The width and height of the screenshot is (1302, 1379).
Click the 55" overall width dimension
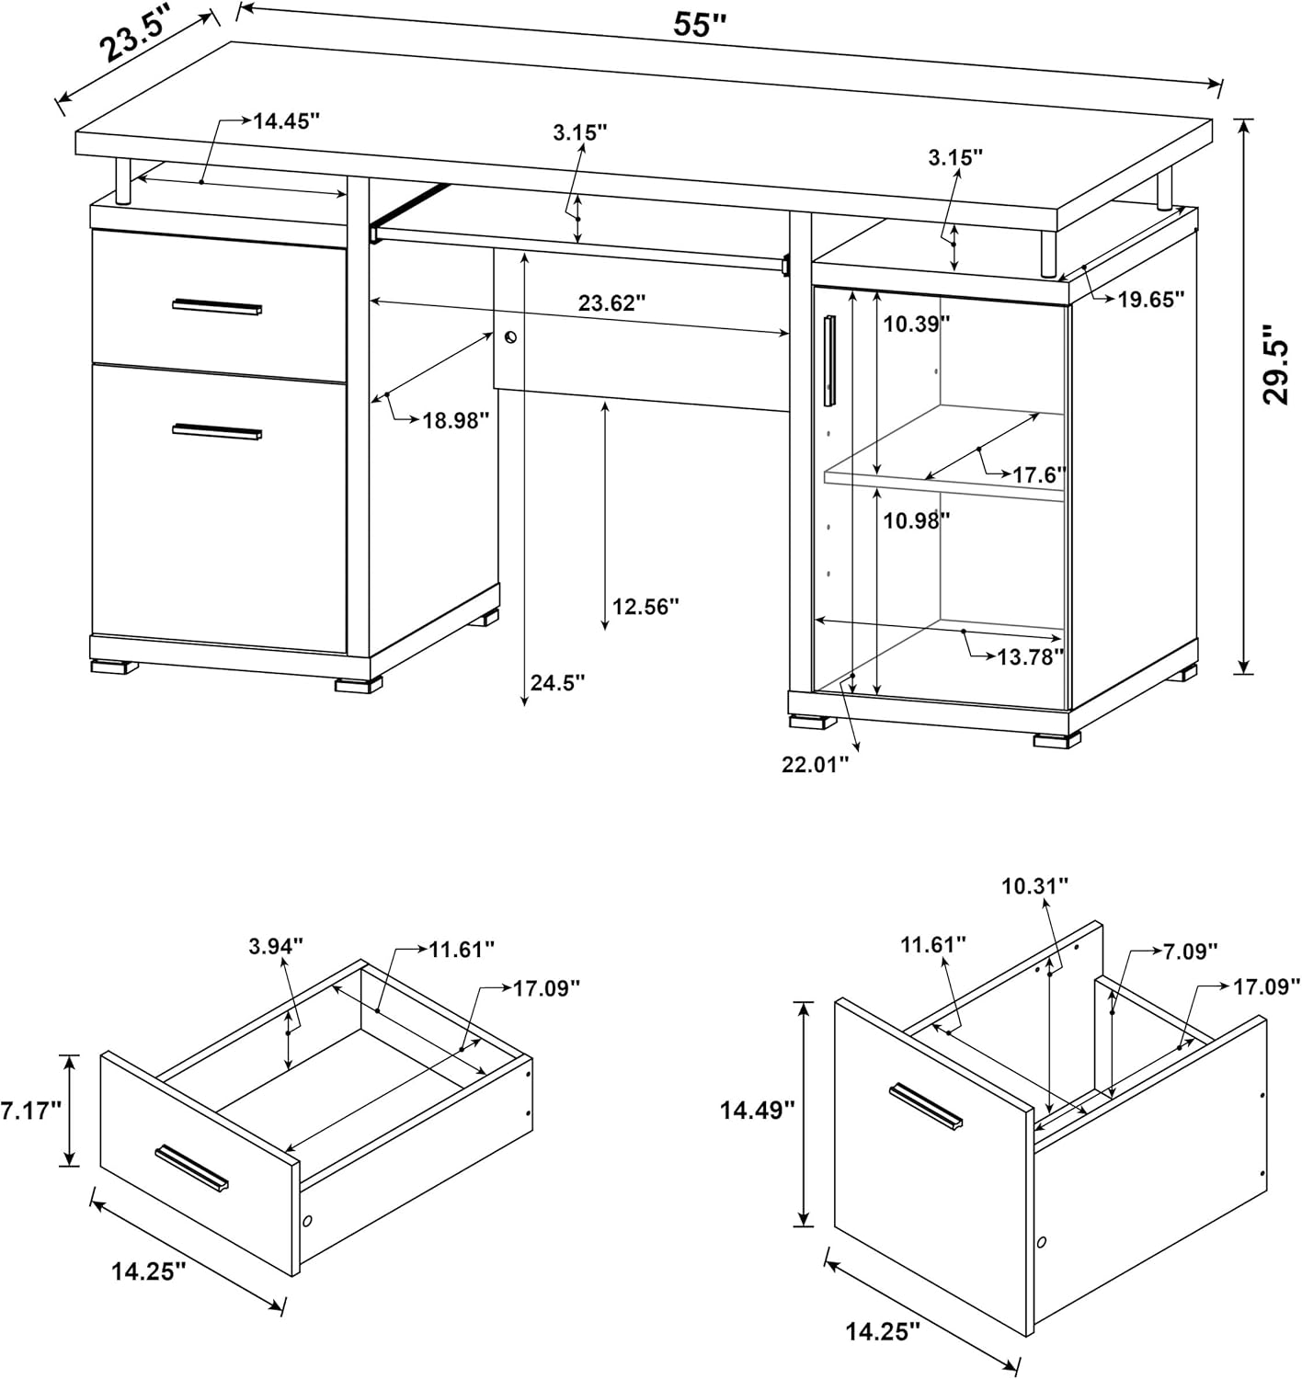pos(700,25)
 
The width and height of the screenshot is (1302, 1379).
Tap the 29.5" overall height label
pos(1275,364)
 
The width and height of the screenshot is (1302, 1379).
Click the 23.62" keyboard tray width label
pos(611,302)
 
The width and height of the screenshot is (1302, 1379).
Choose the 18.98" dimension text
pos(455,420)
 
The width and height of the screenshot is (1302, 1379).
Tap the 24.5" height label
pos(557,682)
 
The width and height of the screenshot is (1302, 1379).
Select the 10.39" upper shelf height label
pos(916,323)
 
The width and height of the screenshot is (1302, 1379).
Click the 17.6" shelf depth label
pos(1039,474)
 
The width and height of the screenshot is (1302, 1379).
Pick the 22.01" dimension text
pos(815,764)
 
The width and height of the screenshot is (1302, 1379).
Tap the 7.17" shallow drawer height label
pos(30,1110)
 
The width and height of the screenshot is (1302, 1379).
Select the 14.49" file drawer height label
pos(756,1110)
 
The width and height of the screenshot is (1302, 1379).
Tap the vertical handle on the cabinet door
pos(829,360)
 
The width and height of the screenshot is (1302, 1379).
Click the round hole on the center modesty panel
pos(511,338)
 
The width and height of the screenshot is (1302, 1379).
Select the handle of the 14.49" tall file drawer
pos(925,1106)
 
